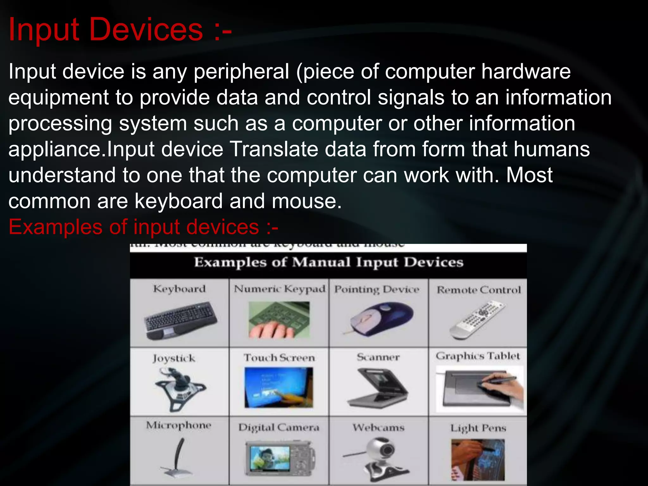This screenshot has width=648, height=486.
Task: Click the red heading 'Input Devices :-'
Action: tap(120, 29)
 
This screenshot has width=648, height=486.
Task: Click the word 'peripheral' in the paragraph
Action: tap(241, 72)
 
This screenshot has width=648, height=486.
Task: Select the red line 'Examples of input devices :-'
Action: tap(143, 227)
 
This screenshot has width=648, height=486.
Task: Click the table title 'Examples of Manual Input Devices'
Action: tap(328, 262)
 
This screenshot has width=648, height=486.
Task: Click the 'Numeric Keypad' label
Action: tap(279, 289)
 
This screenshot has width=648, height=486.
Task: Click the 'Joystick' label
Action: tap(174, 358)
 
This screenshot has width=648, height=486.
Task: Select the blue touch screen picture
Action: tap(279, 387)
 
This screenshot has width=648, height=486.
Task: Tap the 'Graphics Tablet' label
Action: tap(477, 356)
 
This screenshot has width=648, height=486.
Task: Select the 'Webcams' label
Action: tap(378, 428)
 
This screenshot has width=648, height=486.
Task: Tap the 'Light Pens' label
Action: tap(478, 428)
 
